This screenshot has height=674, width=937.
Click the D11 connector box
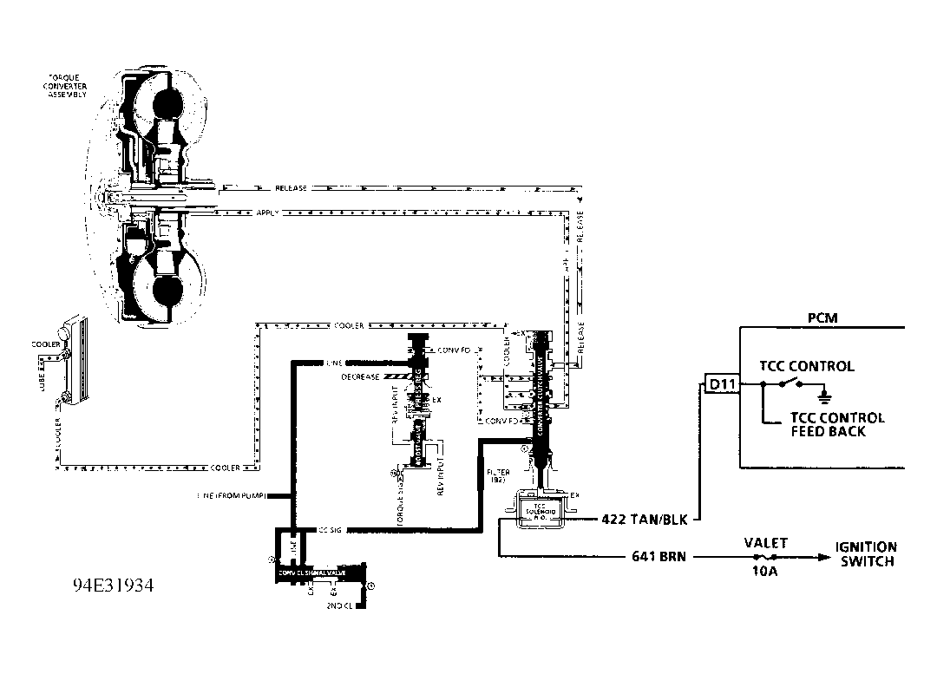pyautogui.click(x=719, y=383)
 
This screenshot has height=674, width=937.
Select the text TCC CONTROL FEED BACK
pyautogui.click(x=837, y=424)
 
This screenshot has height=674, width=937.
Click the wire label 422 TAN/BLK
pyautogui.click(x=644, y=520)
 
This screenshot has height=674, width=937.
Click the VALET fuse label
pyautogui.click(x=766, y=543)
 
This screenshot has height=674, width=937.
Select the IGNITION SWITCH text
pyautogui.click(x=866, y=554)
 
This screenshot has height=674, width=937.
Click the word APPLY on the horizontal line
pyautogui.click(x=267, y=213)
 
